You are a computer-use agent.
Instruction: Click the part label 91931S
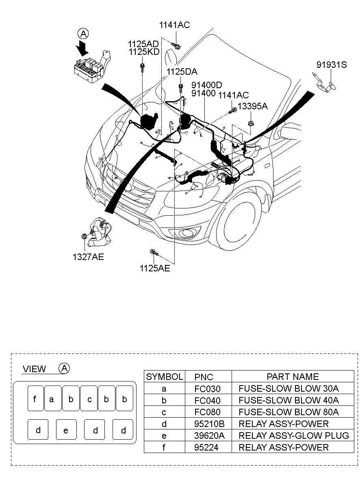(x=332, y=64)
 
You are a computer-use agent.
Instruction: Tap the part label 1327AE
(x=88, y=257)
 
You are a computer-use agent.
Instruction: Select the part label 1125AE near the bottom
(x=155, y=268)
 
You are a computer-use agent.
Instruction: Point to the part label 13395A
(x=253, y=106)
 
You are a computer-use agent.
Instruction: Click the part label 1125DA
(x=182, y=72)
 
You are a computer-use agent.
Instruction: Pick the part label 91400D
(x=207, y=85)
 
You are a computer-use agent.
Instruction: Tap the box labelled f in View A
(x=35, y=399)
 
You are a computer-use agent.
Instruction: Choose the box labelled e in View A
(x=66, y=430)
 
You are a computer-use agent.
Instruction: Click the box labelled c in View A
(x=89, y=399)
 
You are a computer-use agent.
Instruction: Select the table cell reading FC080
(x=207, y=412)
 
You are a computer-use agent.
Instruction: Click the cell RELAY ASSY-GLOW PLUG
(x=293, y=436)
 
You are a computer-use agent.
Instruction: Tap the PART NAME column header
(x=293, y=377)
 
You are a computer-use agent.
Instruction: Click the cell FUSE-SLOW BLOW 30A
(x=288, y=388)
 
